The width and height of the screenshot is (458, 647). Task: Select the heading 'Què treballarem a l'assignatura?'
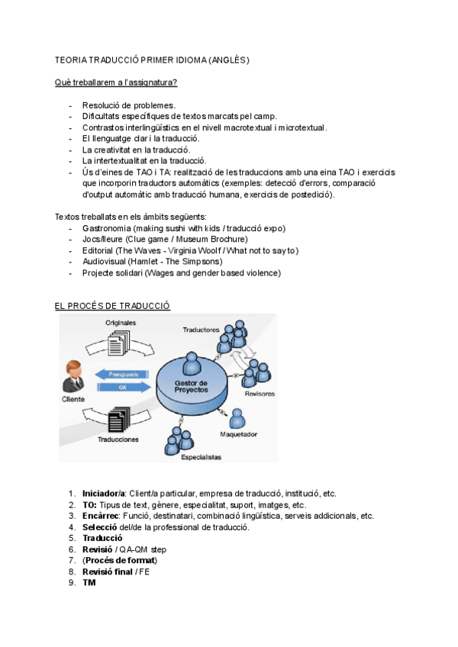click(117, 82)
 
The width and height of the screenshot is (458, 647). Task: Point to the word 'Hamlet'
click(145, 261)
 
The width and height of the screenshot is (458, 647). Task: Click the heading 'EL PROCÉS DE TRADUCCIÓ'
click(112, 306)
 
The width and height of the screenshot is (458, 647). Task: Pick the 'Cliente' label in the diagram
click(73, 398)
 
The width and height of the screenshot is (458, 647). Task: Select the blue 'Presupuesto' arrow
click(123, 375)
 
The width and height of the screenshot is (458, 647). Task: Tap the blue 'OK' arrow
click(122, 388)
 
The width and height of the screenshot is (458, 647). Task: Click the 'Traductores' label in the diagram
click(201, 330)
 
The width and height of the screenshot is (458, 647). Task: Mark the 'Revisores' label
click(260, 394)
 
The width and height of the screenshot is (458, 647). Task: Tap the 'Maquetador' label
click(239, 434)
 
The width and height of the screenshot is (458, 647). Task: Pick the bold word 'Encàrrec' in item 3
click(101, 516)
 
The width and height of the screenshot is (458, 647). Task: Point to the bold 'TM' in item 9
click(89, 583)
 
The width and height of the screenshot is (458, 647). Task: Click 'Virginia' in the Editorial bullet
click(200, 250)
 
